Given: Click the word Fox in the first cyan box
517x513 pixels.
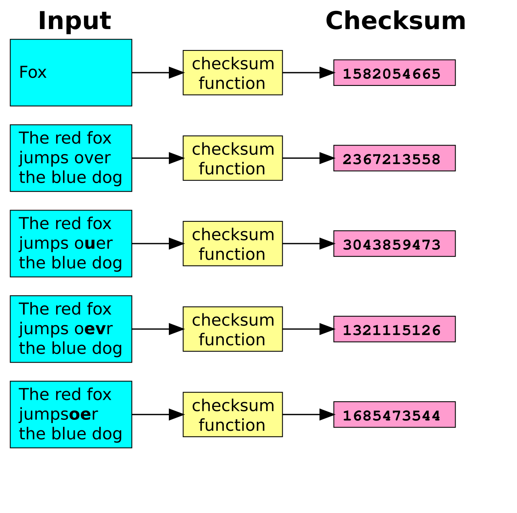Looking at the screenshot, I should coord(33,73).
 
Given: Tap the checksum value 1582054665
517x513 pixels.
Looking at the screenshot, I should coord(391,74).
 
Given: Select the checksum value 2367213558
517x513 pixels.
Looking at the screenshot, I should coord(391,159).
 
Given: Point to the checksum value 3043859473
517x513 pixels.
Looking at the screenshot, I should coord(391,245).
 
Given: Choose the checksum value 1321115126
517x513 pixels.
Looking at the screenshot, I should coord(391,330).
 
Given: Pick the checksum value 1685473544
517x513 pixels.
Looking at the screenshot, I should coord(391,416).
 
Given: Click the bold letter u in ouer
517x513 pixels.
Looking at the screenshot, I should coord(90,244).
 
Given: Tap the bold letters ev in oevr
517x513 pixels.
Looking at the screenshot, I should coord(95,329).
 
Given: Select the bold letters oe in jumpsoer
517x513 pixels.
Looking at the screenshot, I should coord(80,415).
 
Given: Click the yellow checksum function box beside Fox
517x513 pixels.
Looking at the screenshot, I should coord(233,73).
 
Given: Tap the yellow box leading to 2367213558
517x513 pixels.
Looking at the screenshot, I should coord(233,158).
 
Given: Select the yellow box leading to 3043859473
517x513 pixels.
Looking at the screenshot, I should coord(233,244).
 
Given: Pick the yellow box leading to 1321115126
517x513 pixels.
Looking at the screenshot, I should coord(233,329).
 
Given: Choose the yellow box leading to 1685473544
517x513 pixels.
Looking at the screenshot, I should coord(233,415).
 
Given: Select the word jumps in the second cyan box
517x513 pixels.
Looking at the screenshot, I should coord(42,158).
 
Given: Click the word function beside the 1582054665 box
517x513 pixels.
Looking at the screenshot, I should coord(232,83).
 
